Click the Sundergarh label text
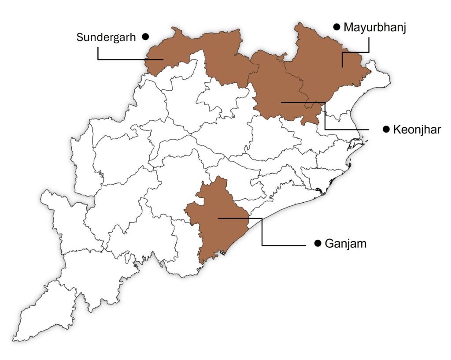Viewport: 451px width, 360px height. point(106,37)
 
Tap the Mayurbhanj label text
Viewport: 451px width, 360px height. point(374,27)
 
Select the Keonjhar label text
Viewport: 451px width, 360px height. point(416,130)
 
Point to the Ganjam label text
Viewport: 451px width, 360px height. point(345,243)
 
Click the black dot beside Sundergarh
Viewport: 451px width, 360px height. point(145,37)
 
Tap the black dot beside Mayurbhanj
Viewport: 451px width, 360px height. point(336,27)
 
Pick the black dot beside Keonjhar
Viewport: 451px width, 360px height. point(386,129)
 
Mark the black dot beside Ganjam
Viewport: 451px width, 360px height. point(318,243)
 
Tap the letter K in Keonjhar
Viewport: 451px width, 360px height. point(397,130)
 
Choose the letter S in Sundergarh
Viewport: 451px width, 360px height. point(80,37)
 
